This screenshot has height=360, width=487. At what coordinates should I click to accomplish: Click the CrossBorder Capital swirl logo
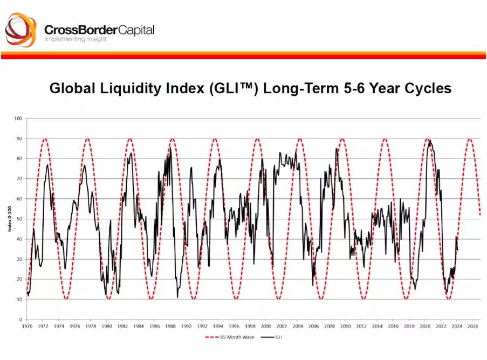(21, 31)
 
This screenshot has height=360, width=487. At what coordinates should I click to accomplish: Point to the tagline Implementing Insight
(76, 39)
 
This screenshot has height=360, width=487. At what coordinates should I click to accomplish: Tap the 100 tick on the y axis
(18, 118)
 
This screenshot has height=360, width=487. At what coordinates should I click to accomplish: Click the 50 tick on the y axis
(19, 219)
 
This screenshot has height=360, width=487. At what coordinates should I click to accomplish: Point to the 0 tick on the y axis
(20, 320)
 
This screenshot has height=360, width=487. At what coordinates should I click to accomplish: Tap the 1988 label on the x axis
(170, 326)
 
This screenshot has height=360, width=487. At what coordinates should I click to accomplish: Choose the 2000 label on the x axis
(266, 326)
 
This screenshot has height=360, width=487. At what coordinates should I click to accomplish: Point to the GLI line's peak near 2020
(429, 141)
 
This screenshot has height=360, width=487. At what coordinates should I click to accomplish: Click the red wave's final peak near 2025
(470, 139)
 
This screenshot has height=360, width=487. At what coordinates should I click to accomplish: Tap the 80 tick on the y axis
(19, 158)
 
